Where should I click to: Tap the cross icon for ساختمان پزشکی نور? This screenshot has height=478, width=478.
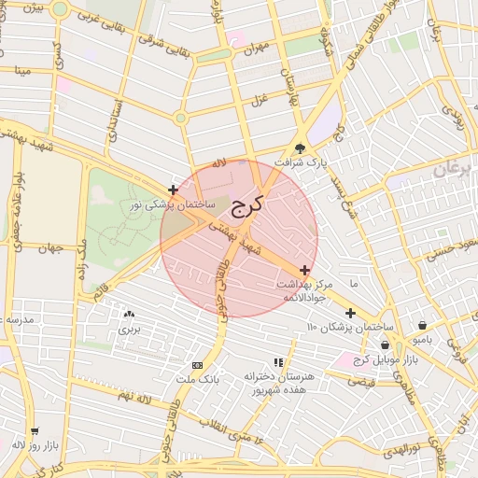click(x=173, y=190)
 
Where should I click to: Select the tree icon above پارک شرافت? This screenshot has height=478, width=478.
click(x=300, y=148)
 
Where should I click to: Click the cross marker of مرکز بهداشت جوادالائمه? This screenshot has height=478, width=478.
click(x=304, y=269)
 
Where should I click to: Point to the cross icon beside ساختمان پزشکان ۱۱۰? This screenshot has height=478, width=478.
click(x=350, y=313)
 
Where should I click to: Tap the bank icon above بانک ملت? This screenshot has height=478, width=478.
click(x=197, y=364)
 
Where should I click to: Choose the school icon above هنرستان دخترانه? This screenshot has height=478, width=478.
click(x=277, y=361)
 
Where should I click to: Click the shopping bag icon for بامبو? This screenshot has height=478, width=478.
click(x=425, y=326)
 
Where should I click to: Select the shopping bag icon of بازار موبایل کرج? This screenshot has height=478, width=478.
click(x=385, y=344)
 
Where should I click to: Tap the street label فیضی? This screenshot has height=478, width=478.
click(x=360, y=380)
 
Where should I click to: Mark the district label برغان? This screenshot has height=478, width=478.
click(x=455, y=169)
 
